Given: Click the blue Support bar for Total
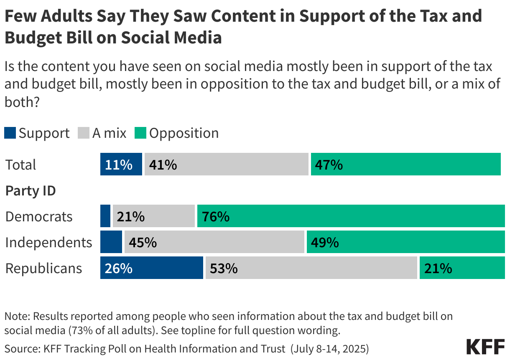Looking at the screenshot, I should point(121,164).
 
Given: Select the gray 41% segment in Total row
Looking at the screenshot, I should point(226,164).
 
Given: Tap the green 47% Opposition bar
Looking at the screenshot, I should point(405,164).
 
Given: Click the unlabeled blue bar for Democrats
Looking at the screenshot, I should point(105,216).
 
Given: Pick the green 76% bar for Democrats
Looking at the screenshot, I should point(351,216).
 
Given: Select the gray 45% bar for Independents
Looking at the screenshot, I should point(214,242).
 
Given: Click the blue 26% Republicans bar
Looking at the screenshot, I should point(151,268).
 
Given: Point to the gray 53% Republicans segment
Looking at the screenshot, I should point(311,268).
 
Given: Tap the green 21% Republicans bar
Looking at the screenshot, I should point(462,268).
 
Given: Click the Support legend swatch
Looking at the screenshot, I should point(10,133).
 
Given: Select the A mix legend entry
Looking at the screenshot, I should point(103,133).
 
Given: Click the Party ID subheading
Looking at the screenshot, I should point(30,191).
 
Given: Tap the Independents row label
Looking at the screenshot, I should point(48,242).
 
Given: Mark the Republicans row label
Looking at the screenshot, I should point(43,268).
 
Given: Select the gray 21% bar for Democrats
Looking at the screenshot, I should point(153,216).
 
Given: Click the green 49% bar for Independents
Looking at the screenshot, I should point(405,242).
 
